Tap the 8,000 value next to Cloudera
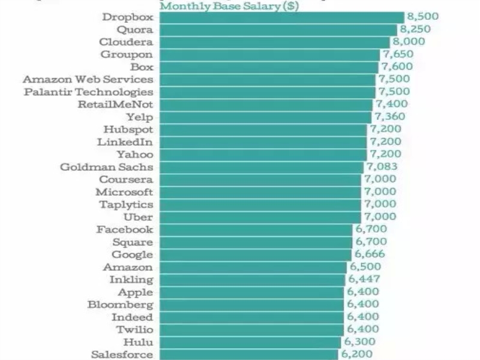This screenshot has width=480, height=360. tap(408, 42)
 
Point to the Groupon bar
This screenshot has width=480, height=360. tap(269, 55)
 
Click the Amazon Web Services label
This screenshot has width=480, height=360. tap(88, 79)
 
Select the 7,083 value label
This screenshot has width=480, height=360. tap(381, 167)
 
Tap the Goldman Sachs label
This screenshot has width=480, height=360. tap(106, 167)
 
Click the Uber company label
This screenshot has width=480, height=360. tap(138, 217)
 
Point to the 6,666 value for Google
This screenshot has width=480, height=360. tap(369, 254)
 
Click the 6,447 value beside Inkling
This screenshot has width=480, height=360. tap(363, 280)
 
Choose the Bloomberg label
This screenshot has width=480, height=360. tap(120, 305)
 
